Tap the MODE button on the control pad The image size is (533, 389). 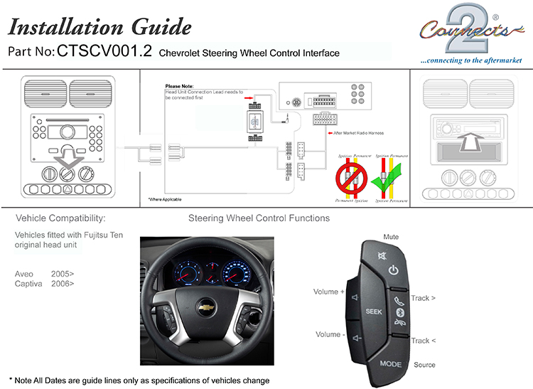tap(390, 363)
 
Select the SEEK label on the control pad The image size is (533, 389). tap(374, 311)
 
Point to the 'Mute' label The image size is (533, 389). tap(391, 237)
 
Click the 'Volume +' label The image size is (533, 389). tap(329, 292)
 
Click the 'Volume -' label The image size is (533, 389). tap(328, 334)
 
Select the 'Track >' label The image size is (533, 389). tap(424, 298)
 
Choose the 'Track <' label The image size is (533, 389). tap(424, 341)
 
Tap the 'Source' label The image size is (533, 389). tap(424, 365)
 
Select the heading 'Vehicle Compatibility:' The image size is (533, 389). tap(61, 218)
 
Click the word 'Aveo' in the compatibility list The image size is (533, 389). tap(24, 273)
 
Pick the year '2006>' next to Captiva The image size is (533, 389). tap(63, 283)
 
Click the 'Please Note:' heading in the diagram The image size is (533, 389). tap(179, 87)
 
